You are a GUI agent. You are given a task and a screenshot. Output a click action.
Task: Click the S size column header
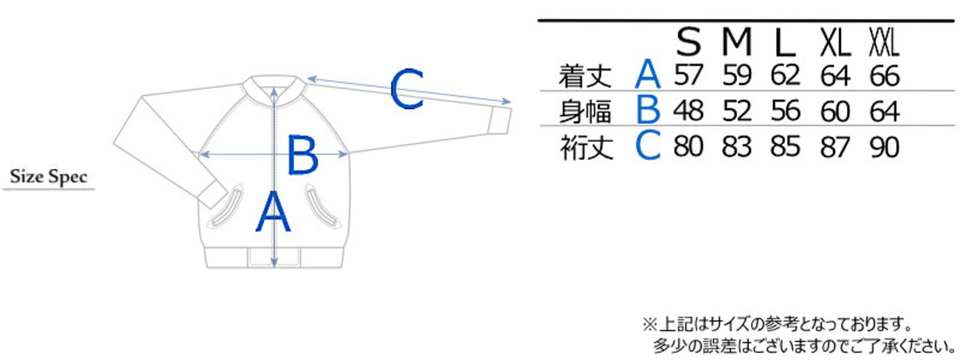click(688, 43)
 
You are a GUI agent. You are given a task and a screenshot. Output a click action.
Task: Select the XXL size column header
click(883, 43)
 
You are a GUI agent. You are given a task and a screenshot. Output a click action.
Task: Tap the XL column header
click(835, 43)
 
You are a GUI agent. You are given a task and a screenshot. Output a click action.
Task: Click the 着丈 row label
click(586, 76)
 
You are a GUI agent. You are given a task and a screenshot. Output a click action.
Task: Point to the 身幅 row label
click(586, 111)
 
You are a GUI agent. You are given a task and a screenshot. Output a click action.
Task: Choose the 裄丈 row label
click(586, 147)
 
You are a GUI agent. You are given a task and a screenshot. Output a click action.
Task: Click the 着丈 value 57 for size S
click(688, 76)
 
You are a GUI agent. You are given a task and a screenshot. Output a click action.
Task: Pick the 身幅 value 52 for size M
click(737, 111)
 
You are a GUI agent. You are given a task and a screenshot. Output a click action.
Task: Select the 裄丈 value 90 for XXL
click(884, 147)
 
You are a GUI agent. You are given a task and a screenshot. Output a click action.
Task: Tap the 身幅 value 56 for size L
click(785, 111)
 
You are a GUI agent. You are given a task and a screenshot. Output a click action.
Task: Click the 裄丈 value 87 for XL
click(835, 147)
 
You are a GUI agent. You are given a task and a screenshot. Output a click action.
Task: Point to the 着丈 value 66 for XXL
click(884, 76)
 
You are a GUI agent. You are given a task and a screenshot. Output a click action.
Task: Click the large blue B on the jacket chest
click(303, 156)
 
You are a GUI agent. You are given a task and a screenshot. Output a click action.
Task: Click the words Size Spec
click(49, 178)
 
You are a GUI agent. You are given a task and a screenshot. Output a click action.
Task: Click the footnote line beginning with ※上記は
click(777, 325)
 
